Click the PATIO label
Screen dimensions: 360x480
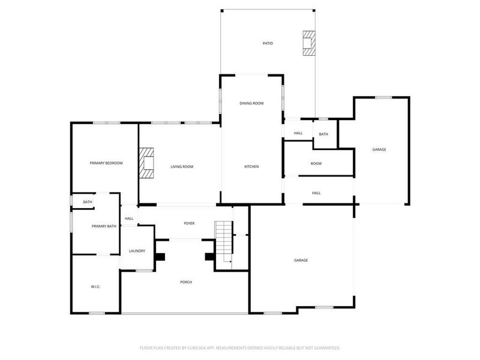tap(268, 43)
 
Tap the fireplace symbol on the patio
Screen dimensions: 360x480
tap(308, 43)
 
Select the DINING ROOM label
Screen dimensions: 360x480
tap(251, 103)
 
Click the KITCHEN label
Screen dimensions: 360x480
tap(251, 166)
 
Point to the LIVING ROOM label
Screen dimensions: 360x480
tap(182, 166)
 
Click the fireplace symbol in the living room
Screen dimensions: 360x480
tap(147, 163)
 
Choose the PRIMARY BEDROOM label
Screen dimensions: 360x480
tap(106, 163)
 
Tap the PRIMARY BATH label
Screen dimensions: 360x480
tap(104, 226)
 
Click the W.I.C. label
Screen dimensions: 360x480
tap(95, 287)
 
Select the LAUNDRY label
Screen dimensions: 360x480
tap(137, 251)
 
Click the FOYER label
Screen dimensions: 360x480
tap(189, 223)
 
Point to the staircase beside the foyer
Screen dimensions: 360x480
tap(224, 241)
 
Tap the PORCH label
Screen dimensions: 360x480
tap(186, 282)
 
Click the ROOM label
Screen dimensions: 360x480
tap(316, 163)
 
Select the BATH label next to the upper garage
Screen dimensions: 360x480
tap(323, 134)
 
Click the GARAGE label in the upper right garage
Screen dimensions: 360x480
tap(379, 149)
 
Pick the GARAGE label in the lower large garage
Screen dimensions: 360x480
tap(301, 260)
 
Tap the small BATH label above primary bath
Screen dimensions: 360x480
tap(88, 202)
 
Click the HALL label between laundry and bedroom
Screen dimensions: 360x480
tap(129, 218)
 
